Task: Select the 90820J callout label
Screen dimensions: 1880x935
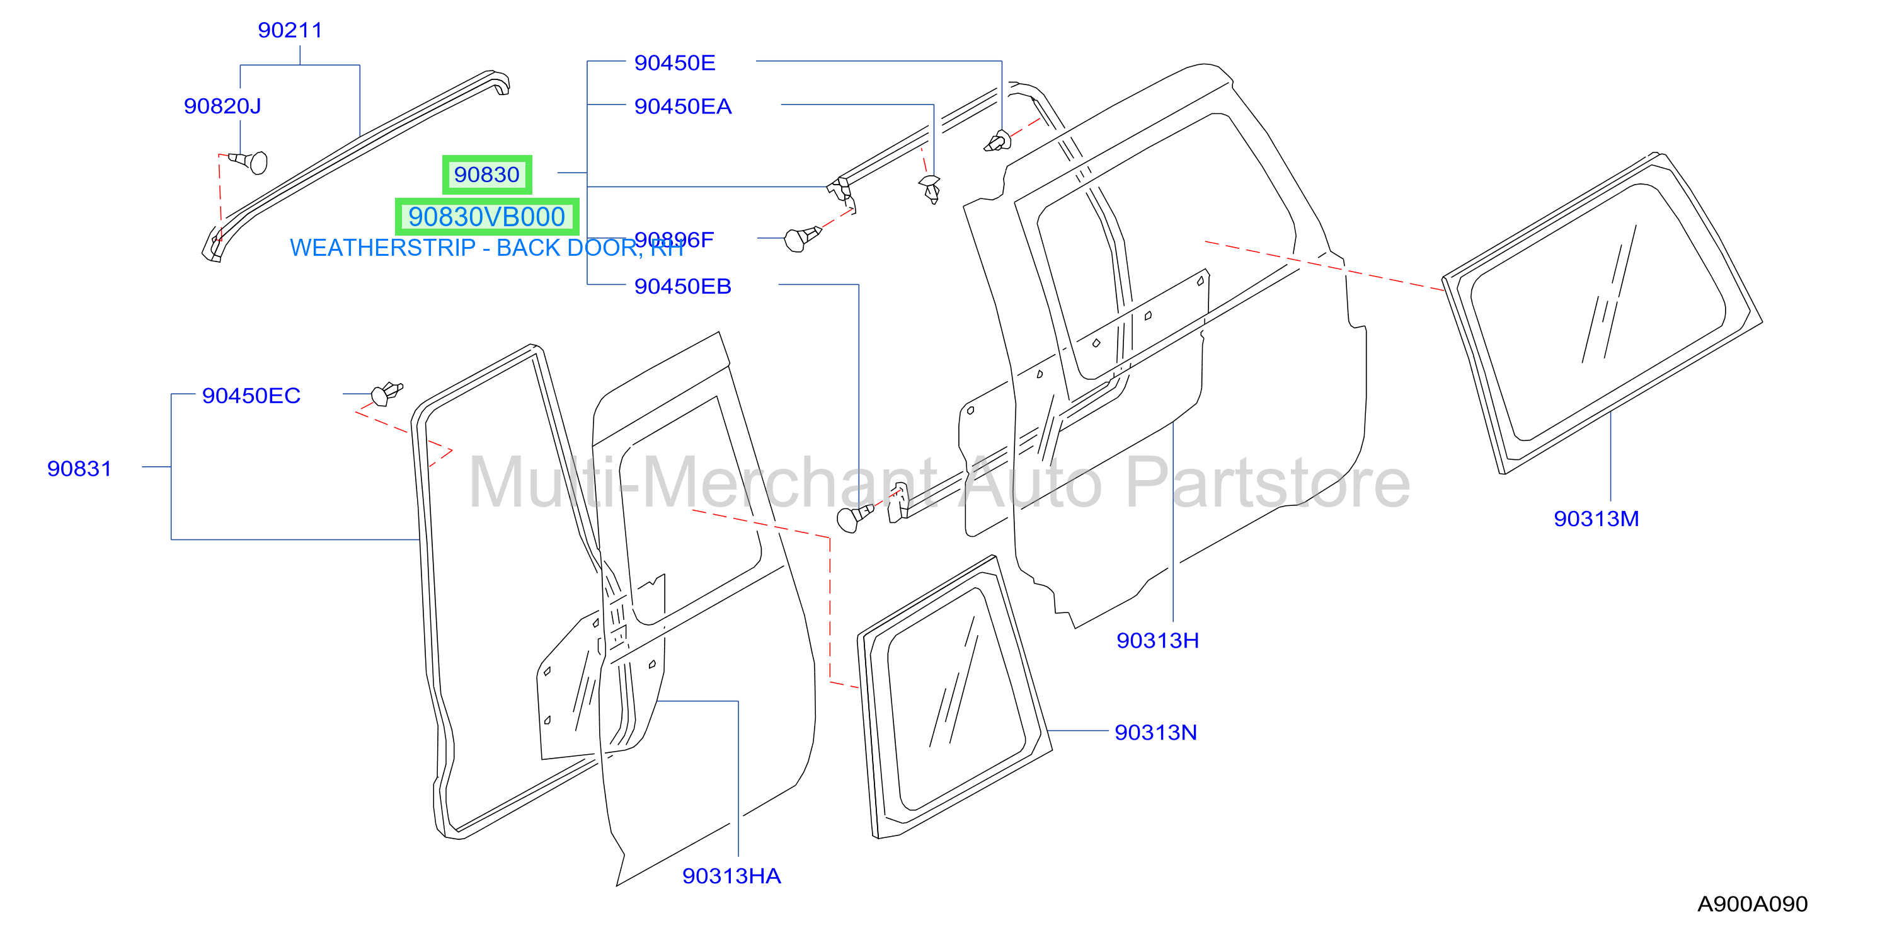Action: pos(222,106)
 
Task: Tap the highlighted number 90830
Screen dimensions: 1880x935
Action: pos(487,175)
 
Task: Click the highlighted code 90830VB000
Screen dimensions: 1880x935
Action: pos(487,217)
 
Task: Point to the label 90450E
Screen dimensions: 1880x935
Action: pos(674,63)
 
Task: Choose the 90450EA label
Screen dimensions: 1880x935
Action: pos(682,106)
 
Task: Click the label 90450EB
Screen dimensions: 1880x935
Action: pos(682,286)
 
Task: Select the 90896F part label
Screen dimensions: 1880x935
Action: pos(674,239)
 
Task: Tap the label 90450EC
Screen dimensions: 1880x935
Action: pos(251,396)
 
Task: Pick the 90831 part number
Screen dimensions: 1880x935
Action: pos(79,469)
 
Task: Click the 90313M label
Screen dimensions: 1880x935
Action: pos(1596,519)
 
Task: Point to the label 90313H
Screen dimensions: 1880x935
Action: pos(1157,641)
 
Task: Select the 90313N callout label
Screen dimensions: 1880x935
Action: pos(1156,733)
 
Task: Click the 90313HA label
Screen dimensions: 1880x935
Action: pos(731,876)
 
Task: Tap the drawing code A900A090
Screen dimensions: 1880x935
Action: pos(1752,904)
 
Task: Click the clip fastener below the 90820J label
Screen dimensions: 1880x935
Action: pos(248,161)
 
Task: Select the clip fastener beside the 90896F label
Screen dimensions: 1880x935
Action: pos(802,238)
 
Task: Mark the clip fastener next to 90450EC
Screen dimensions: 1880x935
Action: pos(386,393)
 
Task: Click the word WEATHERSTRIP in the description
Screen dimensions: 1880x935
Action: pos(382,248)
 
